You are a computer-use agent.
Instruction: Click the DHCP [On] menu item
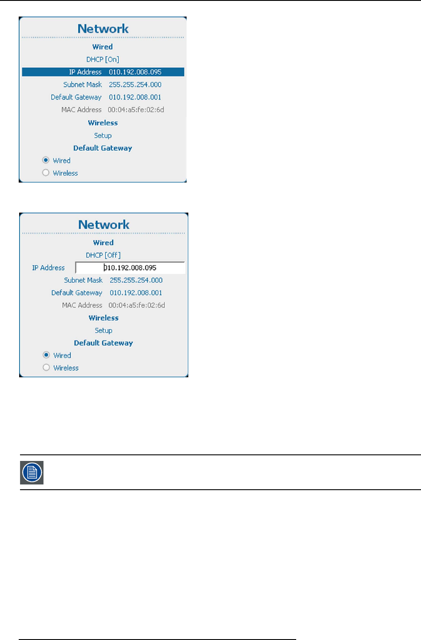(x=103, y=59)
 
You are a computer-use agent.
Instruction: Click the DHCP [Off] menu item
(x=103, y=255)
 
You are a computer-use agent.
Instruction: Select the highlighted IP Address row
(x=103, y=72)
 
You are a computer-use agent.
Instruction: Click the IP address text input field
(x=130, y=268)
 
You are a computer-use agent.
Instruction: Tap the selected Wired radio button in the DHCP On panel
(x=46, y=160)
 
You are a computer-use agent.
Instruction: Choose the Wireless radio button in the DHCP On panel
(x=46, y=173)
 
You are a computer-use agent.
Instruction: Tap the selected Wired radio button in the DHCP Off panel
(x=46, y=355)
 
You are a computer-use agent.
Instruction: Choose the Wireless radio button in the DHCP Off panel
(x=46, y=368)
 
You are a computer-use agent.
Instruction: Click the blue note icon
(x=32, y=473)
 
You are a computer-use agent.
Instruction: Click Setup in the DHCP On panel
(x=103, y=135)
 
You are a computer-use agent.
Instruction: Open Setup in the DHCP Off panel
(x=104, y=330)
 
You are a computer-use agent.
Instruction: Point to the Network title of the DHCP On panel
(x=103, y=29)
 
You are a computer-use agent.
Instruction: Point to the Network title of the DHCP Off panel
(x=104, y=225)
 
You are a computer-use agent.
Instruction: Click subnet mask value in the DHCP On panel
(x=135, y=85)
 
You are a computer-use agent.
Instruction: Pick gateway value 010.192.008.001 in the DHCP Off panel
(x=136, y=293)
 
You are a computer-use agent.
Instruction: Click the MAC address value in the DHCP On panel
(x=136, y=110)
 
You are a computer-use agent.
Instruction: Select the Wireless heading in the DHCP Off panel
(x=104, y=318)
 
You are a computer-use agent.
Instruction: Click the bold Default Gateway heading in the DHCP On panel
(x=103, y=148)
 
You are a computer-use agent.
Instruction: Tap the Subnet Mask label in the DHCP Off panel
(x=83, y=280)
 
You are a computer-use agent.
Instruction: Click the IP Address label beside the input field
(x=48, y=268)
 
